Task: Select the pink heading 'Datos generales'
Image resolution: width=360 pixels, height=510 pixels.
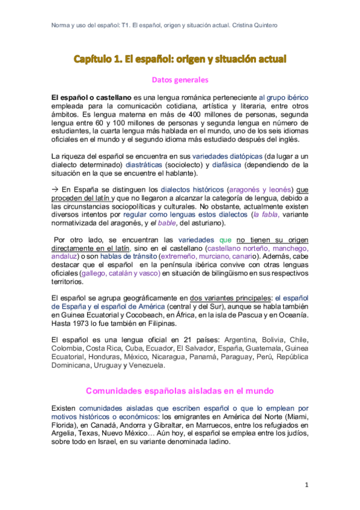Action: pyautogui.click(x=180, y=79)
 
